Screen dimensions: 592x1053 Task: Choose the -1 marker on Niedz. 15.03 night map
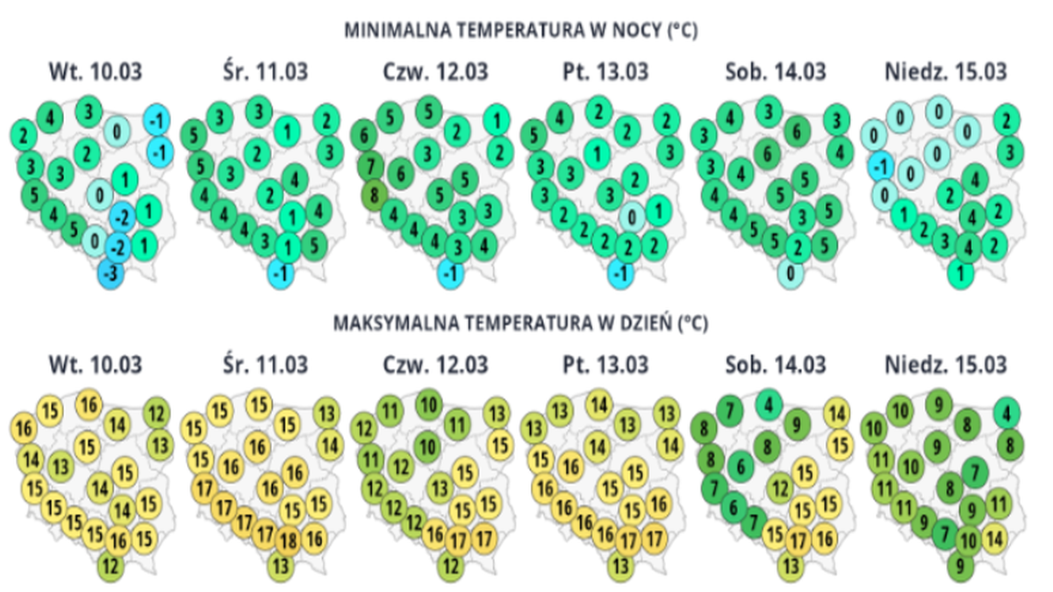(x=879, y=165)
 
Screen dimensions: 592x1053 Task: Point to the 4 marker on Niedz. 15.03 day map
(x=1008, y=410)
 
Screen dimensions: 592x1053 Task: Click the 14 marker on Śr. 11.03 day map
(x=329, y=442)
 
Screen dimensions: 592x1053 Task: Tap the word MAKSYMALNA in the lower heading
(x=382, y=324)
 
